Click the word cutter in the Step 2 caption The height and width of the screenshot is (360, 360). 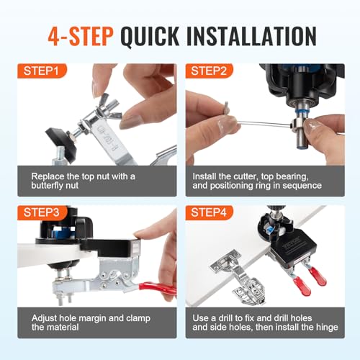click(251, 175)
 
